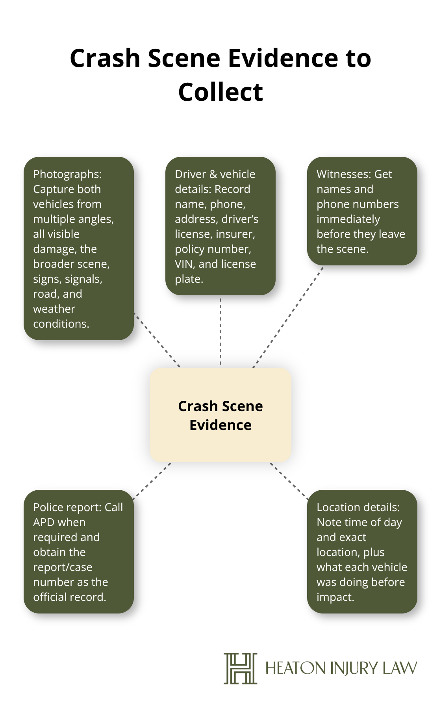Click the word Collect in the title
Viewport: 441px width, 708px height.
[x=220, y=92]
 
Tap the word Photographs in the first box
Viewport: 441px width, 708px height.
[x=66, y=174]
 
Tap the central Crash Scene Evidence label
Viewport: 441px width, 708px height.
[x=220, y=415]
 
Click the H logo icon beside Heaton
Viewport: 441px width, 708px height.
[x=240, y=668]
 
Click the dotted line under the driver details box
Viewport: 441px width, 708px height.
[x=220, y=331]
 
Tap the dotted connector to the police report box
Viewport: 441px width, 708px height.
[x=152, y=481]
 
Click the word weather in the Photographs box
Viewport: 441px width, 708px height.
[x=54, y=309]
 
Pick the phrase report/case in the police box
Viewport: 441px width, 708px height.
[x=63, y=567]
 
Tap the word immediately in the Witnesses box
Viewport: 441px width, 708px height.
[x=348, y=219]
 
